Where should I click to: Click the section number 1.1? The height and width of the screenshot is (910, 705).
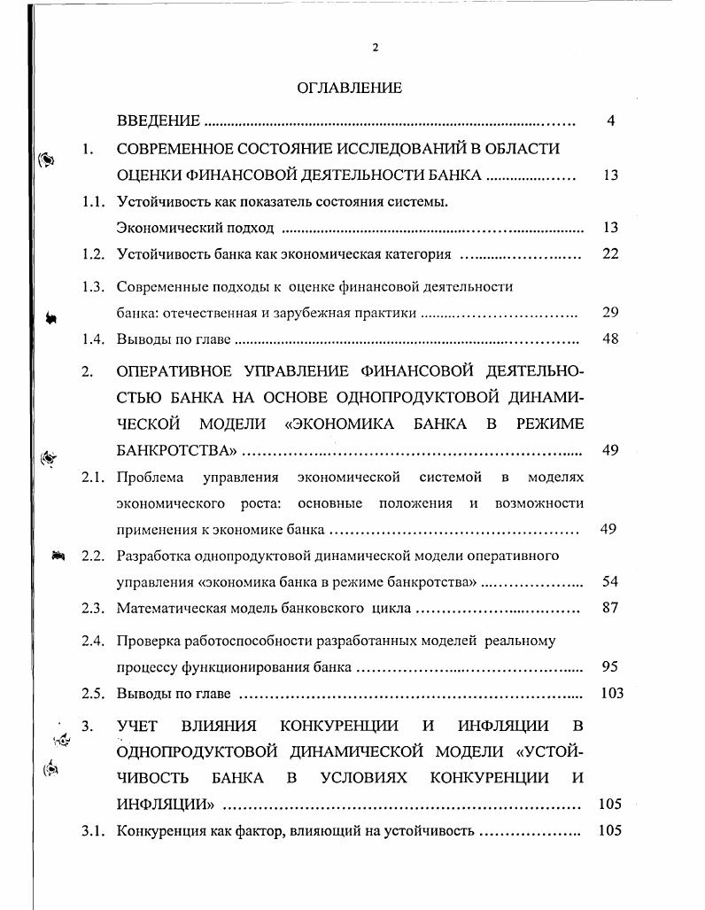(94, 202)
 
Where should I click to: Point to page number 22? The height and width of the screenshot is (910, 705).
(609, 254)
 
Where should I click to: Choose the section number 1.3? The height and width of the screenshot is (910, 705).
(94, 287)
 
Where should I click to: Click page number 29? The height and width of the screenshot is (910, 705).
(609, 313)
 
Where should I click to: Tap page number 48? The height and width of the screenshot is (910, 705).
(609, 338)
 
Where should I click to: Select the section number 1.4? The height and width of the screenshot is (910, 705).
(94, 338)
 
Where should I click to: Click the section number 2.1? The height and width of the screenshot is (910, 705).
(94, 478)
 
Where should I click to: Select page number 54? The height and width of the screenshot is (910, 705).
(609, 582)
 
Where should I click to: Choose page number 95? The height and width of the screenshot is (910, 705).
(609, 667)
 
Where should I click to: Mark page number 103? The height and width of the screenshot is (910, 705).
(611, 693)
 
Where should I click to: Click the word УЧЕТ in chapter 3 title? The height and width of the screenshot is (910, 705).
(137, 727)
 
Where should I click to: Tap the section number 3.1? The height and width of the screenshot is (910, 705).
(94, 831)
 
